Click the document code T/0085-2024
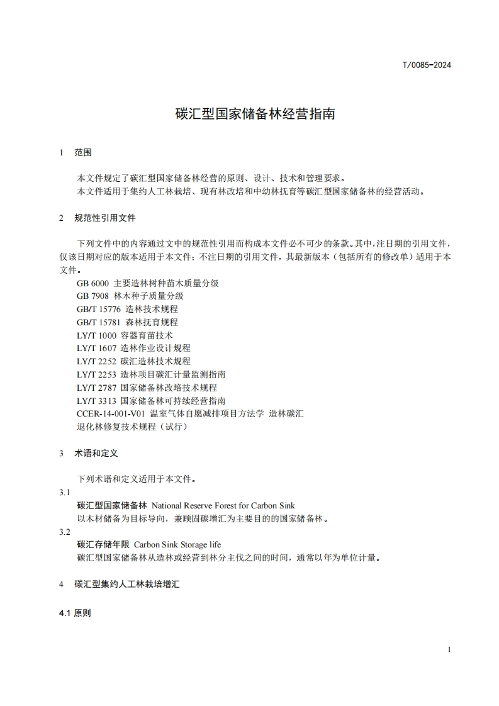(x=427, y=65)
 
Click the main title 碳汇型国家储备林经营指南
(x=254, y=115)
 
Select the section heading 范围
(x=83, y=152)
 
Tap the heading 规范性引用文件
(x=104, y=218)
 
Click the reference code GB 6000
(x=93, y=283)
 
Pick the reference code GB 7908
(x=93, y=296)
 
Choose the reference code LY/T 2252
(x=96, y=361)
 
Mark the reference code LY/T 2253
(x=96, y=374)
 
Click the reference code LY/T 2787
(x=96, y=388)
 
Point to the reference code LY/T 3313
(x=96, y=400)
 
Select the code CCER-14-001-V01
(x=111, y=413)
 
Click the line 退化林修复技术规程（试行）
(x=132, y=427)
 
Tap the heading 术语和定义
(x=96, y=452)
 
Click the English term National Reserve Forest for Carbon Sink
(x=223, y=505)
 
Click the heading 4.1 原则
(x=75, y=613)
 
